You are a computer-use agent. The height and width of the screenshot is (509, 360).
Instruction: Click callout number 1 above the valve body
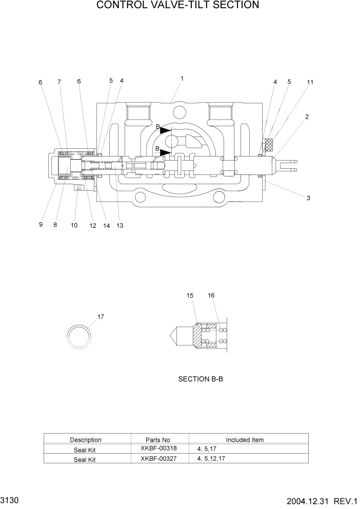pos(182,79)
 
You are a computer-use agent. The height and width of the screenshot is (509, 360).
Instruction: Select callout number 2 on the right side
pos(307,116)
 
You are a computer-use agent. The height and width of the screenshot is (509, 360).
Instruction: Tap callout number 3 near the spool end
pos(308,198)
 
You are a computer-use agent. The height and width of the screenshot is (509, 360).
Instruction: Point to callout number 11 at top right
pos(310,82)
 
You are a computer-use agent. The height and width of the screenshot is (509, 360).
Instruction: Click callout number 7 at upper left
pos(59,82)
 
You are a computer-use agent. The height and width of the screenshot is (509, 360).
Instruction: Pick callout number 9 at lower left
pos(41,225)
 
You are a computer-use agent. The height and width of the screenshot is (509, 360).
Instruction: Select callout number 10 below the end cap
pos(74,225)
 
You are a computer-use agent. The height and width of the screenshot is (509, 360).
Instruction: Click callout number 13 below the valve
pos(119,225)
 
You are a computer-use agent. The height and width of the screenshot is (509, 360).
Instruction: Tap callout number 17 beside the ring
pos(101,317)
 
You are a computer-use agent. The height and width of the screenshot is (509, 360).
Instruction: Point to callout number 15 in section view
pos(190,296)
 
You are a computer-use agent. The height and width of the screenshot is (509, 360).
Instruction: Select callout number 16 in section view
pos(211,296)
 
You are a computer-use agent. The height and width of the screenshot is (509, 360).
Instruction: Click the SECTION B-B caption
pos(201,379)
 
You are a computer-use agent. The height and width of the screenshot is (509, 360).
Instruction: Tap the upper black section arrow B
pos(165,130)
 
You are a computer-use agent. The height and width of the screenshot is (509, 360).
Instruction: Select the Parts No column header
pos(158,440)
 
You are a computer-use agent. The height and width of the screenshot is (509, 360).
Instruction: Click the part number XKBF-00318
pos(158,448)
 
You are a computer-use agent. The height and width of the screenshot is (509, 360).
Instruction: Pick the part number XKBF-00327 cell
pos(158,459)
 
